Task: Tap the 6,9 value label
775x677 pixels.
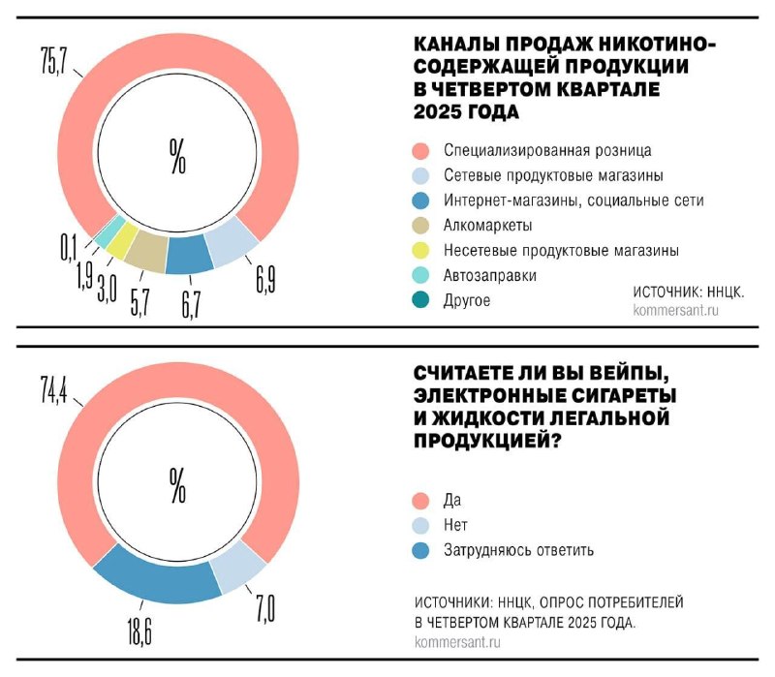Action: click(x=267, y=281)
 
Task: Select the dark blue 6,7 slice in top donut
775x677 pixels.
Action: click(x=189, y=254)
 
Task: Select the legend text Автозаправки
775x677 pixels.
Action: click(x=490, y=276)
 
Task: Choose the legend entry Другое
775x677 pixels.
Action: click(x=467, y=301)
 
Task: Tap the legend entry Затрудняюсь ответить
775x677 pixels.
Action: click(x=518, y=550)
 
